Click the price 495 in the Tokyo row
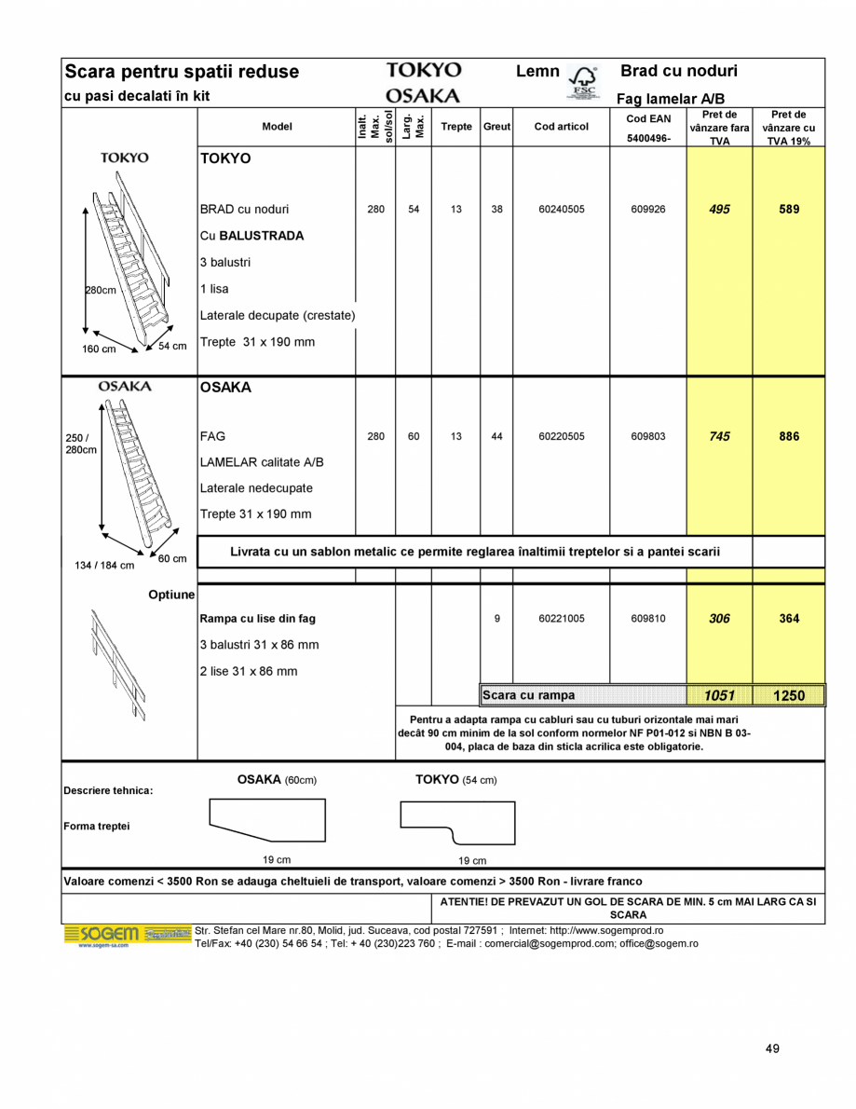point(719,210)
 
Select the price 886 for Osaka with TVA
point(789,436)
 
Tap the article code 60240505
point(562,210)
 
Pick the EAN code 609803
point(648,436)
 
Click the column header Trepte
point(456,127)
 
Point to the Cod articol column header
point(562,127)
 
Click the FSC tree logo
point(583,82)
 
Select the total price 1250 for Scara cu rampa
point(789,695)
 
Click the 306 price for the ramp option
point(719,619)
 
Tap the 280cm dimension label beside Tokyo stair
point(102,290)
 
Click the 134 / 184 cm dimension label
point(104,566)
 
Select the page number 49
point(772,1048)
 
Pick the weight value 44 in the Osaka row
point(496,436)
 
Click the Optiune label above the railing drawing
point(171,595)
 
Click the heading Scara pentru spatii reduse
point(182,72)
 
